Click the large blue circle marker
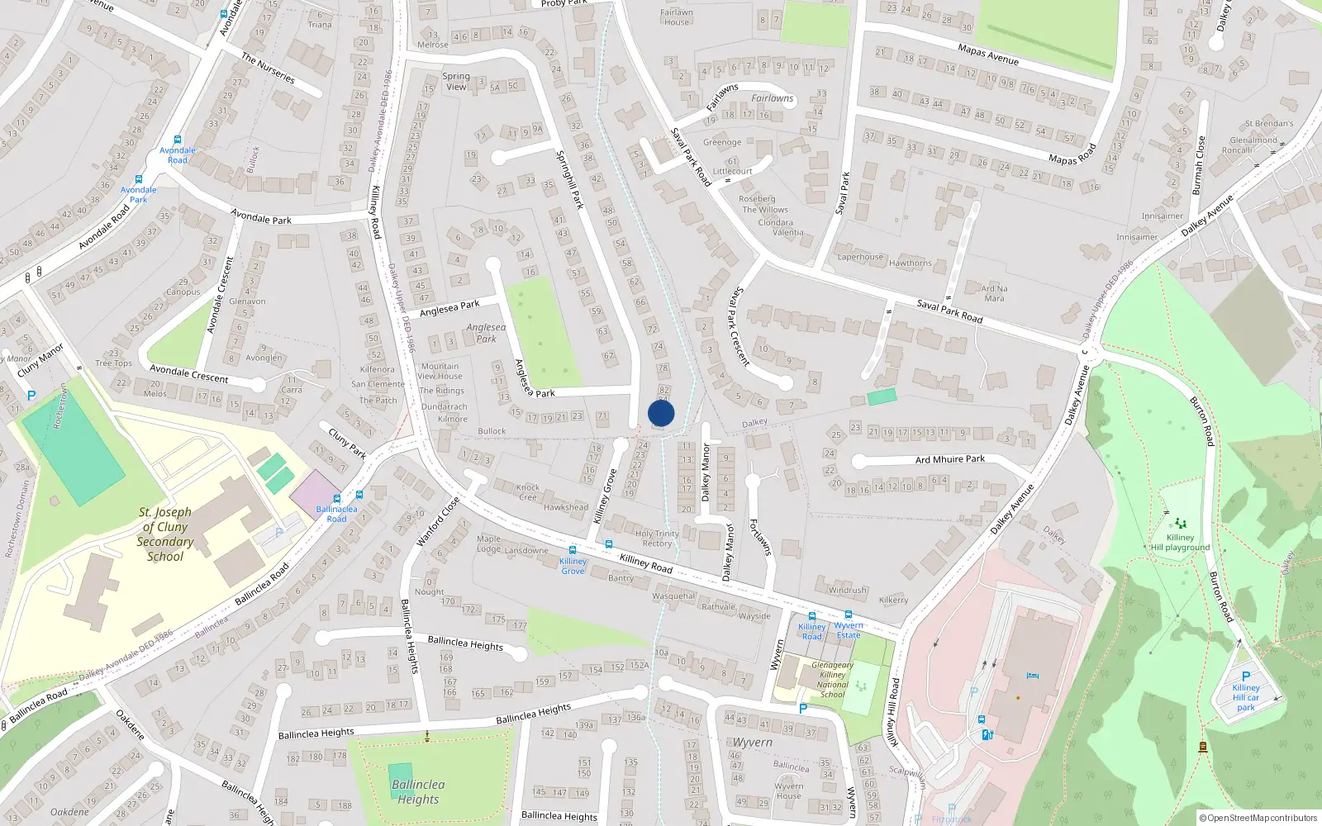[x=661, y=413]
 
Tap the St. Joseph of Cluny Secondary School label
[x=165, y=534]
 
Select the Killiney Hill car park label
[x=1246, y=697]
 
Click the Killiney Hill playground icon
[x=1180, y=523]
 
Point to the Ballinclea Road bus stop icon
[x=337, y=499]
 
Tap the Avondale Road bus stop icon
[x=177, y=140]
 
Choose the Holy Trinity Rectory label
[x=657, y=539]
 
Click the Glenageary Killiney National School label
[x=832, y=680]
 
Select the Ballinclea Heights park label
[x=418, y=791]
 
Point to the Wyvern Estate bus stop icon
[x=848, y=615]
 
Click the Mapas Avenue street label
[x=988, y=55]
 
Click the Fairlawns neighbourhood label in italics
[x=772, y=98]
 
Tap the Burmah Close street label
[x=1199, y=165]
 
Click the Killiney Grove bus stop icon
[x=573, y=550]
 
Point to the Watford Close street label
[x=438, y=521]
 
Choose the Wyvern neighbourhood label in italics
[x=753, y=743]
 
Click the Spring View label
[x=456, y=81]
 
